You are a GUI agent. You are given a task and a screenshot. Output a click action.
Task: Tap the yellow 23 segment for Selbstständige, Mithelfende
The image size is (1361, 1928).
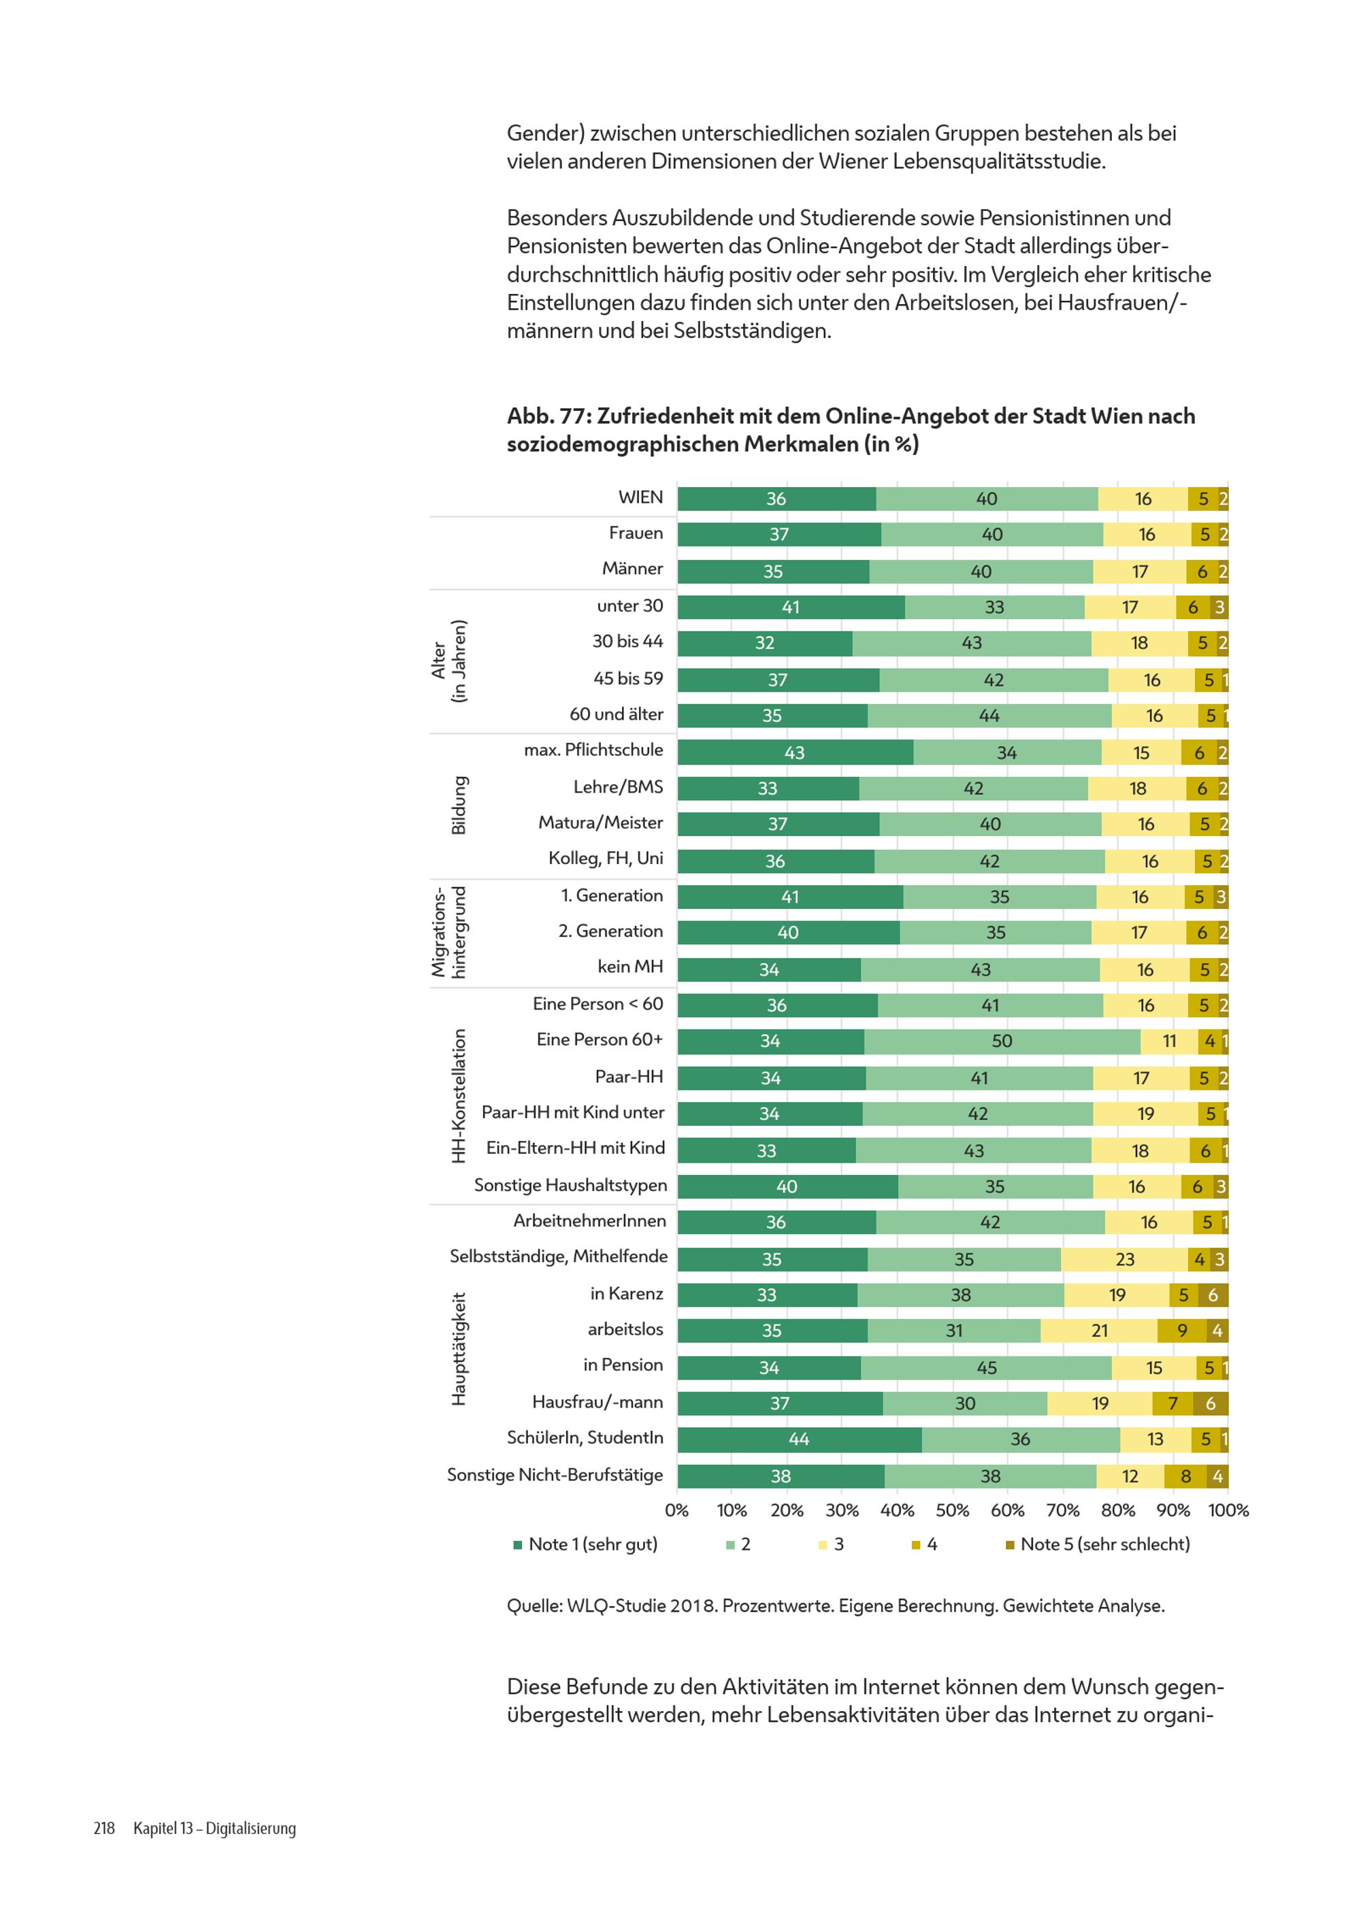1124,1259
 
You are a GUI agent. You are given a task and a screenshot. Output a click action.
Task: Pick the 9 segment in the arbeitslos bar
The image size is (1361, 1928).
1181,1330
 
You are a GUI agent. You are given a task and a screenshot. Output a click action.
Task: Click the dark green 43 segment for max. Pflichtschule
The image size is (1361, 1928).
795,752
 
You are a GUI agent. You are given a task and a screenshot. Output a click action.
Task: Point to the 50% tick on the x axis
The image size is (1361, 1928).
952,1510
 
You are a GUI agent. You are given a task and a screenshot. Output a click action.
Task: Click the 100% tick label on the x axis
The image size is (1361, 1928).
1228,1510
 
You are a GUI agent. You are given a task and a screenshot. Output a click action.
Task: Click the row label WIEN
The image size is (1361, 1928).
640,497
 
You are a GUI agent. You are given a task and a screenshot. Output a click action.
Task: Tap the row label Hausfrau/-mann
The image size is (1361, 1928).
597,1401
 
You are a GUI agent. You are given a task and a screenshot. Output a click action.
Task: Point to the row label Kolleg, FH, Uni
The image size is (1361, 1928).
606,858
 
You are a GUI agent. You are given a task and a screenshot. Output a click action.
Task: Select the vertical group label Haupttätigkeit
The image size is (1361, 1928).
459,1348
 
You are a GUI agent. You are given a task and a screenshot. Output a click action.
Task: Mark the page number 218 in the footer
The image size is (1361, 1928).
104,1828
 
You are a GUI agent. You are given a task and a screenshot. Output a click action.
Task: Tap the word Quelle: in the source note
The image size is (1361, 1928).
534,1606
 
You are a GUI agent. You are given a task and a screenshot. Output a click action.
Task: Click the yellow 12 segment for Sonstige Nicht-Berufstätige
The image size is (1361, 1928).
1129,1476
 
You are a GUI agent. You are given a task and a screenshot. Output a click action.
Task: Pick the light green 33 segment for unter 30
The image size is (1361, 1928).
994,607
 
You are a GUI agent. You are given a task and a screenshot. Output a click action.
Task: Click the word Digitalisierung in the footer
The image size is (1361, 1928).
250,1828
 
